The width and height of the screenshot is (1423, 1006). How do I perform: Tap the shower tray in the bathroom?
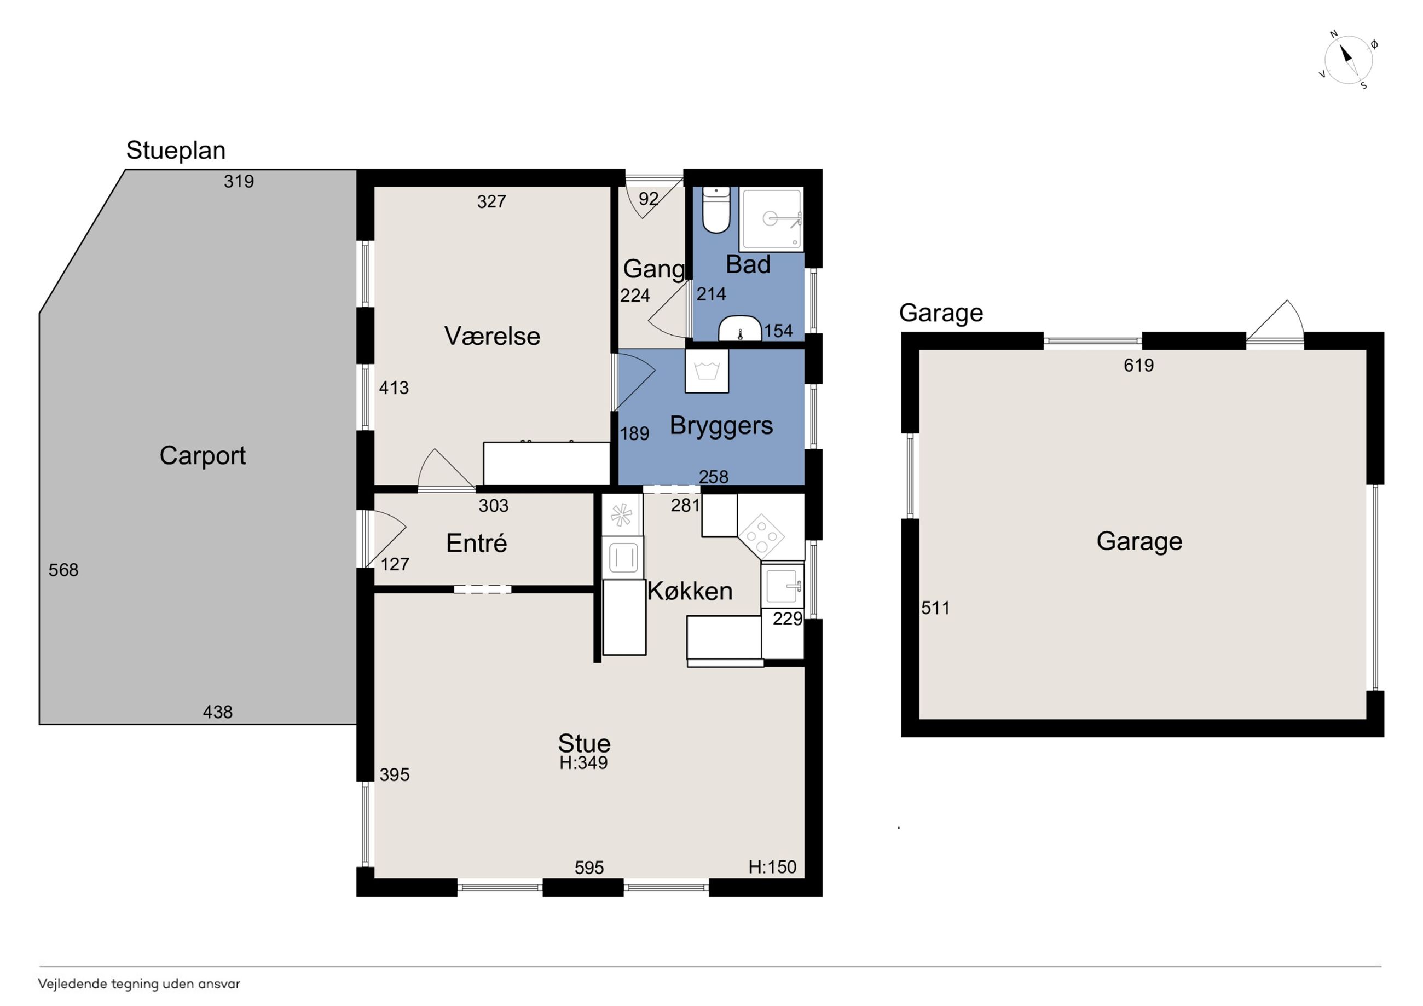[x=772, y=219]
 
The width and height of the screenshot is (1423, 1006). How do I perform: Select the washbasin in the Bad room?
[x=739, y=328]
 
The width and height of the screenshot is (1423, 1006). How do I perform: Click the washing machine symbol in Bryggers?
[x=707, y=371]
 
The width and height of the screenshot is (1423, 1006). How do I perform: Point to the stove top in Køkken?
[x=761, y=535]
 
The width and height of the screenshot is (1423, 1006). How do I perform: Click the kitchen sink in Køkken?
[x=782, y=586]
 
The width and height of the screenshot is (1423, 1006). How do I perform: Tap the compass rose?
[x=1349, y=60]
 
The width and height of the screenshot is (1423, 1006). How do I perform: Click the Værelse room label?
[x=492, y=336]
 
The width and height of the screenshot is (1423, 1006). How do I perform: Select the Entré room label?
[x=477, y=543]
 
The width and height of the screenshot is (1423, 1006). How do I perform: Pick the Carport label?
[x=203, y=456]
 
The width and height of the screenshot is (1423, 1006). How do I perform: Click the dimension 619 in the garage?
[x=1138, y=365]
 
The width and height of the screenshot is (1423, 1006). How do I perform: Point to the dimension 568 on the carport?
[x=64, y=570]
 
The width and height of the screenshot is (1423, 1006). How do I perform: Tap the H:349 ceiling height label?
[x=583, y=762]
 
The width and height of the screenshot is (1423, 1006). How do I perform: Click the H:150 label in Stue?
[x=772, y=866]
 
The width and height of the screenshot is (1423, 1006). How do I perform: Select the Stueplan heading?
[x=176, y=151]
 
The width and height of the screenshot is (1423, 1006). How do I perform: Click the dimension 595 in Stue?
[x=589, y=868]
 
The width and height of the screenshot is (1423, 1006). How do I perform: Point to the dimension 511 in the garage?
[x=935, y=608]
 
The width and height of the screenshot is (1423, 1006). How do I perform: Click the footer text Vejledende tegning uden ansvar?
[x=139, y=984]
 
